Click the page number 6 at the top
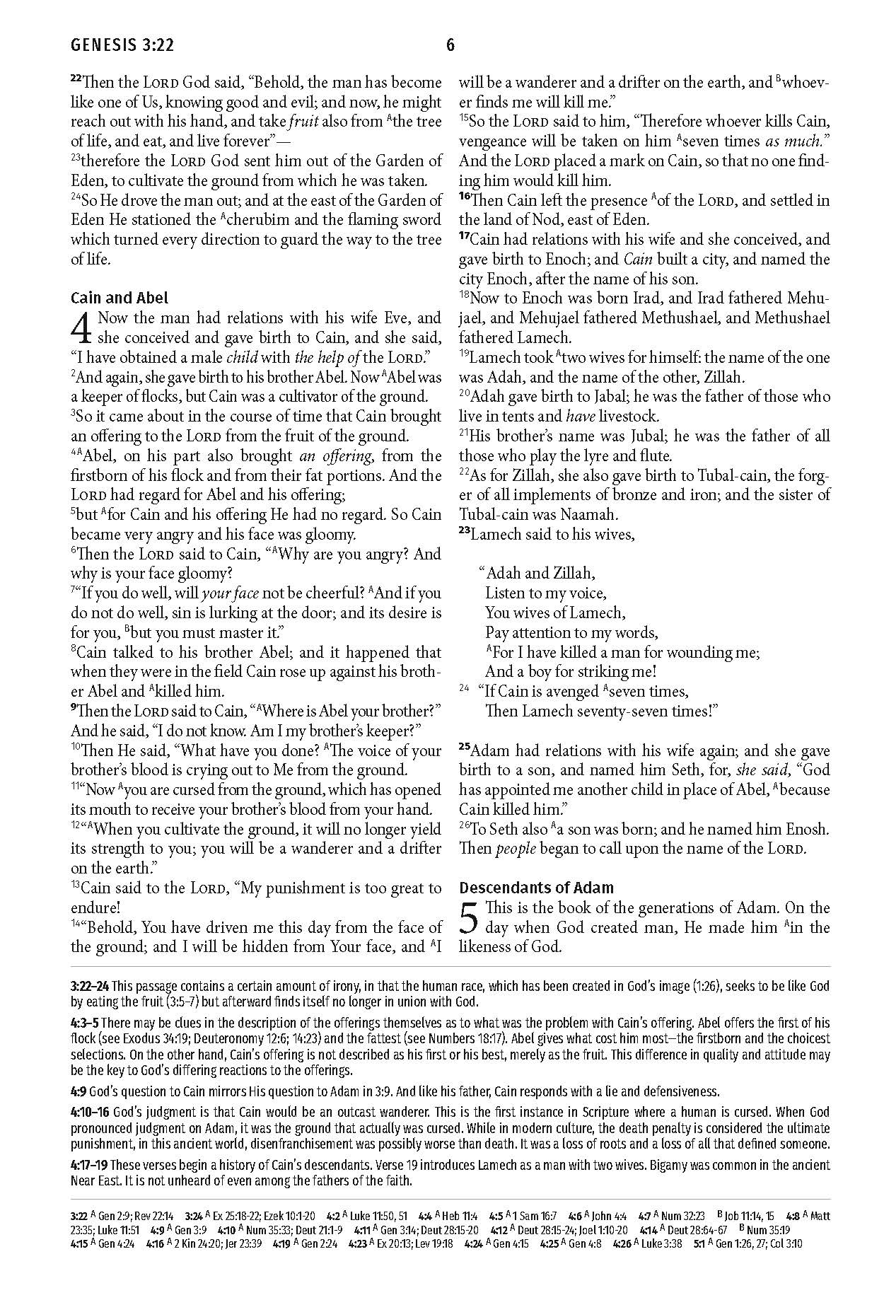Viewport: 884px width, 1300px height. (450, 47)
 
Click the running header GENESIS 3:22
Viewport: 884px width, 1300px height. (122, 47)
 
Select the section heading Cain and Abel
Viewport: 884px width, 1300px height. (120, 298)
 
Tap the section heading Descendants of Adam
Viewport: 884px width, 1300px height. (536, 888)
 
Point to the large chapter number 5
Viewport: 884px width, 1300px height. (470, 918)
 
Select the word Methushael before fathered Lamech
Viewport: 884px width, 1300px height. (792, 318)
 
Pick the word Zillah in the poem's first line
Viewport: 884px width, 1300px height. (569, 573)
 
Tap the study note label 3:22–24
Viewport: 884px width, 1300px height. (90, 986)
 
